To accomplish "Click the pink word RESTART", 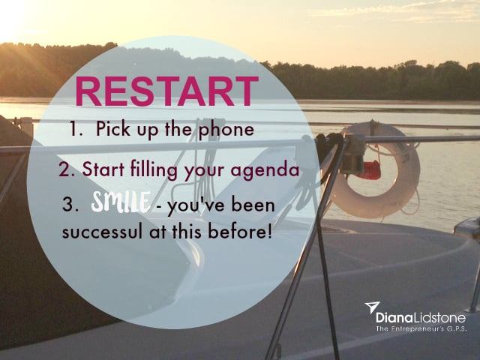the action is click(166, 91).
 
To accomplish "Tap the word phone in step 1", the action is click(226, 130).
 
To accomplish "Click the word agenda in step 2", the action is click(265, 171).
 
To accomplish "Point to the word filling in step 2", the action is click(154, 170).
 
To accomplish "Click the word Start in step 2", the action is click(103, 169).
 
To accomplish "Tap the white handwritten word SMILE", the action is click(121, 202).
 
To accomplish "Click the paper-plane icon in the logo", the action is click(372, 307).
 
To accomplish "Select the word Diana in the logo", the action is click(394, 317).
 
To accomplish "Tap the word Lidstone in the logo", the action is click(439, 317).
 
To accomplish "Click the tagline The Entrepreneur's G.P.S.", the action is click(421, 329).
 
